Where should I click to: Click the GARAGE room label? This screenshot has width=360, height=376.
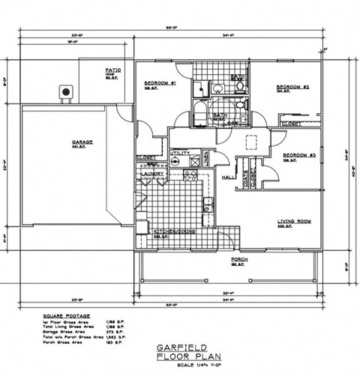pos(82,142)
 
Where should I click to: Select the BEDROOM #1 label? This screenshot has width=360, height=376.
pos(160,82)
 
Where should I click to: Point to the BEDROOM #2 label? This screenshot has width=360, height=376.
pos(292,86)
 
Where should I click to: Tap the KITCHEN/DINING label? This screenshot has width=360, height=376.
pos(175,232)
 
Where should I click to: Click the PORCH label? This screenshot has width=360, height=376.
pos(240,260)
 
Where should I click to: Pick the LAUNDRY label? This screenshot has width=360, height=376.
pos(152,174)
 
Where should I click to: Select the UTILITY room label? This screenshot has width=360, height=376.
pos(180,154)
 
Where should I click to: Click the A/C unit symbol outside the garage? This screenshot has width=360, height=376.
pos(67,91)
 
